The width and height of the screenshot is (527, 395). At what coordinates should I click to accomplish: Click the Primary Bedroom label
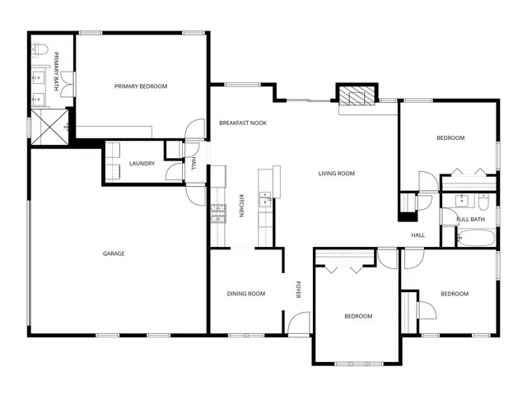point(141,86)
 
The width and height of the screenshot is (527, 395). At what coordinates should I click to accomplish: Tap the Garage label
point(114,253)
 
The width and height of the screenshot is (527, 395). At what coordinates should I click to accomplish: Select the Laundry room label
point(142,164)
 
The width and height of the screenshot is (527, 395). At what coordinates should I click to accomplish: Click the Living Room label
point(337,174)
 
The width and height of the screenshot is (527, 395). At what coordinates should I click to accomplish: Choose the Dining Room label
point(246,294)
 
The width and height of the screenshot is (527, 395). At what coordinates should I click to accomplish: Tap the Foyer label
point(299,290)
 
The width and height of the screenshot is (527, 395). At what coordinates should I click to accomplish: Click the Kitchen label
point(241,206)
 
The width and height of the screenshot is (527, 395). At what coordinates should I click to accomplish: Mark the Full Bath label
point(471,219)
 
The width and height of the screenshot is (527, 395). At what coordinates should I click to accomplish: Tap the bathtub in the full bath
point(476,239)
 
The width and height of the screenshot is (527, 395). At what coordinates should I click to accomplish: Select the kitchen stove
point(218,214)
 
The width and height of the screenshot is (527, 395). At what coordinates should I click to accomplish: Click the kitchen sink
point(265,199)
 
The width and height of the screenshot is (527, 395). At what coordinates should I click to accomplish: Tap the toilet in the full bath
point(485,200)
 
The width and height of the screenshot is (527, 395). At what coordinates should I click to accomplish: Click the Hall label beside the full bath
point(418,235)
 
